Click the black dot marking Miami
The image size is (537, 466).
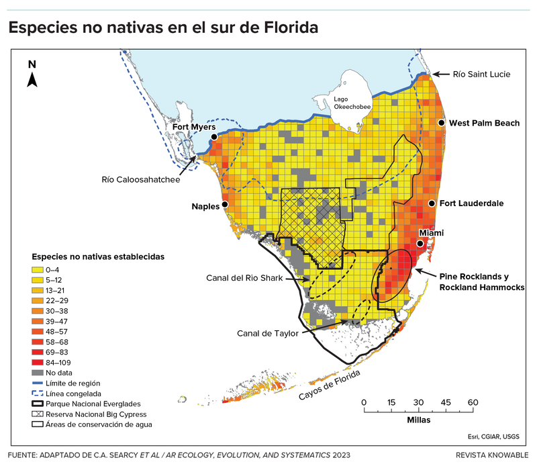421,244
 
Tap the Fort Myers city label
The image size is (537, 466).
193,127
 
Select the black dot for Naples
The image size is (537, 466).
225,205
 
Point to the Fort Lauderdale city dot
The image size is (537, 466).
430,203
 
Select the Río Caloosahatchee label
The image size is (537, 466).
144,179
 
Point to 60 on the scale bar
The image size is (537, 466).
472,402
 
